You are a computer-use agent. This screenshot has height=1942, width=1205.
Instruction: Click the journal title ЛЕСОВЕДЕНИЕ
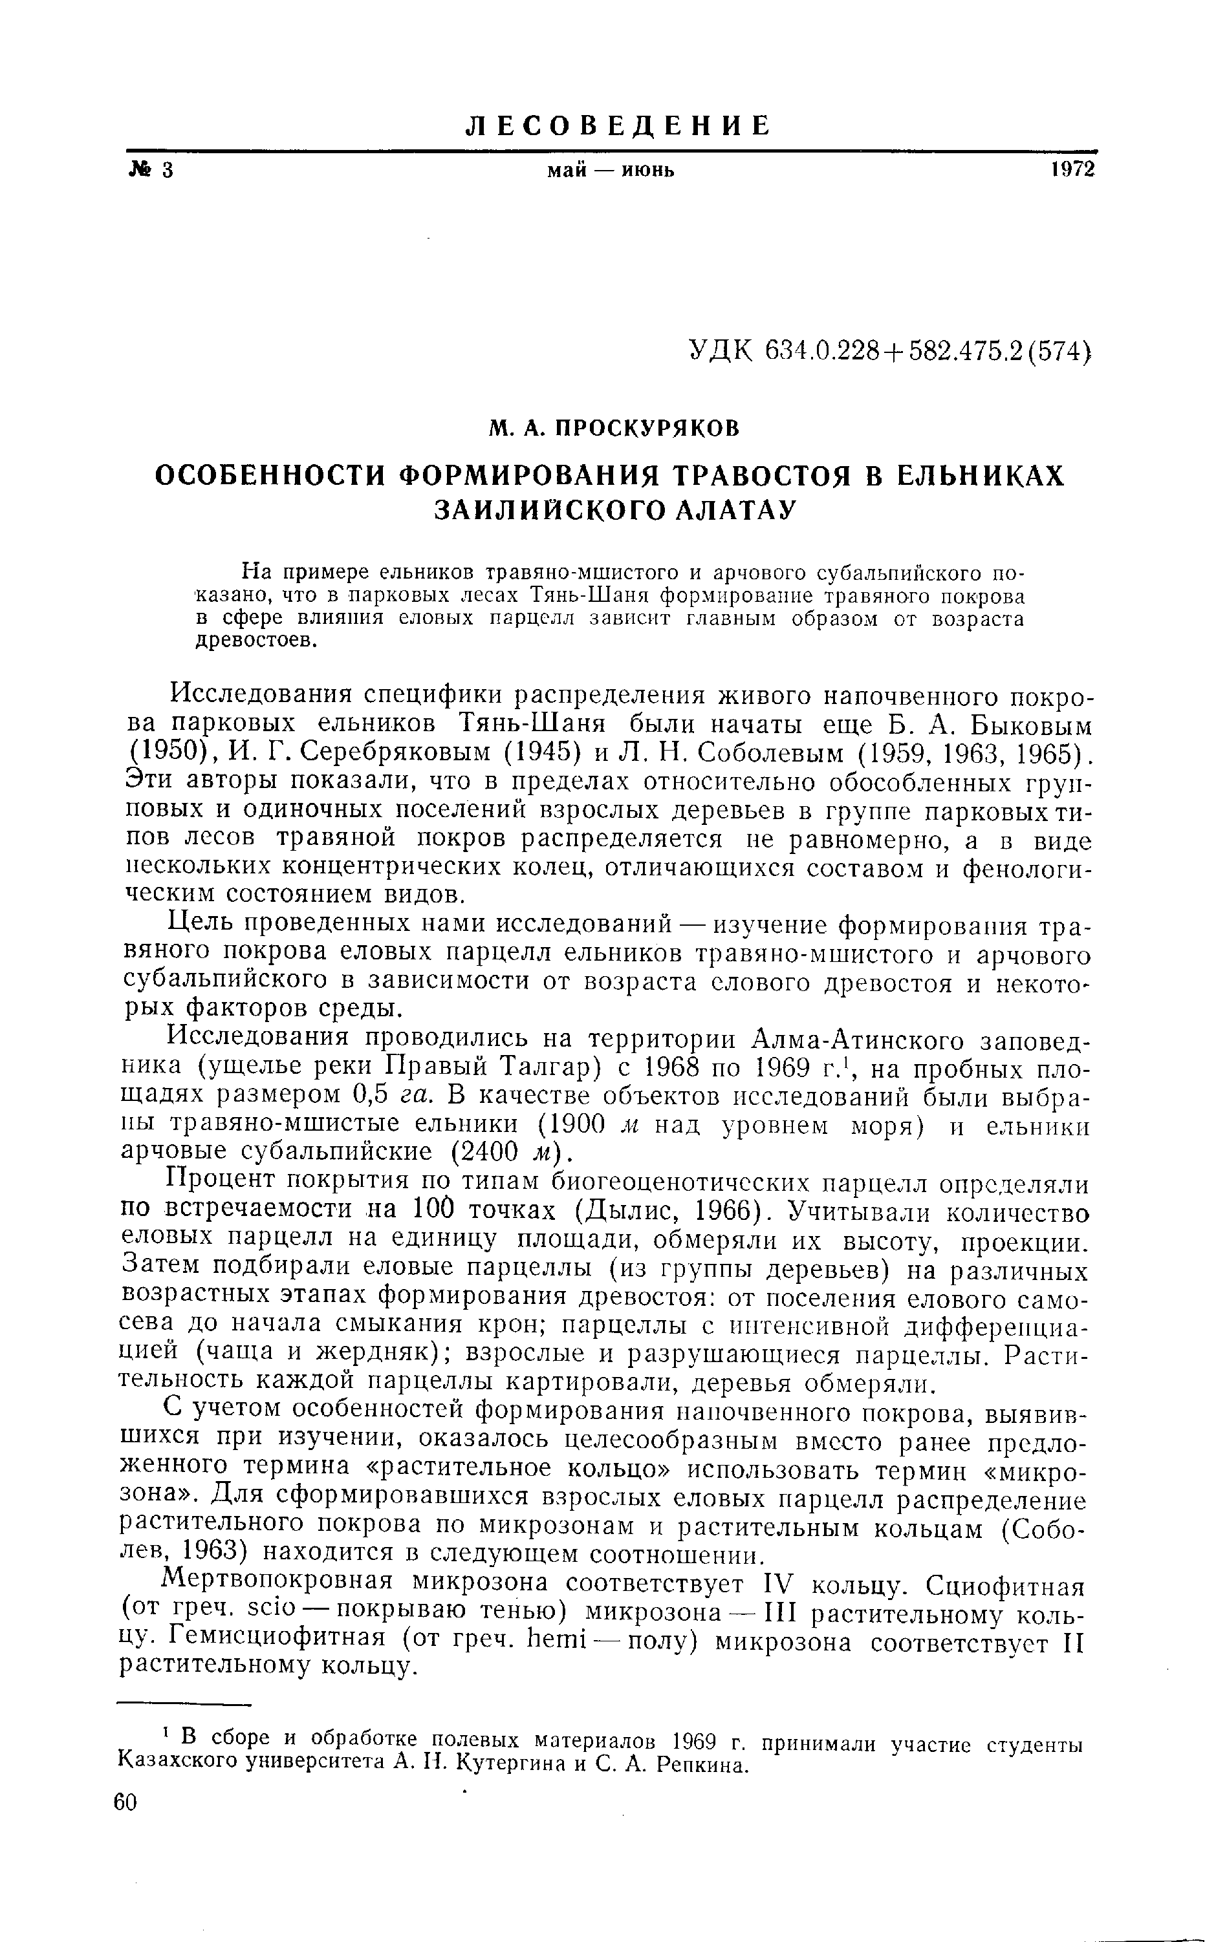[618, 125]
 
